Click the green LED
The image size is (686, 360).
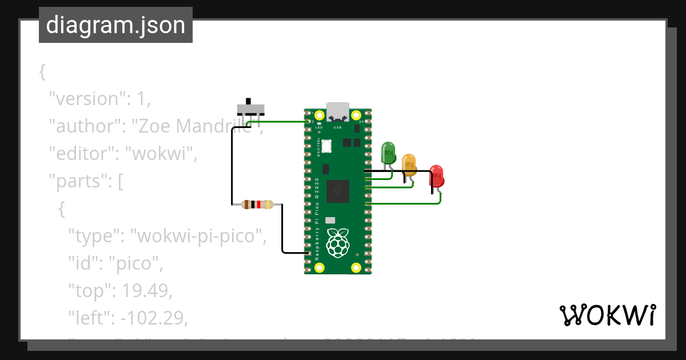(388, 153)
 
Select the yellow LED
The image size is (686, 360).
(409, 163)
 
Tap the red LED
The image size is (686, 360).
(436, 175)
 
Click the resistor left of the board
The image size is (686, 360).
(257, 204)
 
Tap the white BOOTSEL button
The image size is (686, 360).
(326, 146)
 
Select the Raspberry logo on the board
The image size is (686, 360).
(337, 242)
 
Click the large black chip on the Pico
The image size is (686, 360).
(337, 191)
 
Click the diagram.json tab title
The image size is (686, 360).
(115, 25)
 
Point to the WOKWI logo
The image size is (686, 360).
(607, 315)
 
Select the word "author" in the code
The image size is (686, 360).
(83, 126)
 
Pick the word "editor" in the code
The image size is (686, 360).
(81, 153)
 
